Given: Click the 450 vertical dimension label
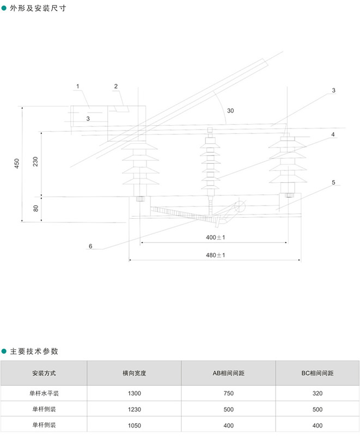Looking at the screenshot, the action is [x=17, y=163].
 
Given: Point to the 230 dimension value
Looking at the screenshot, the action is [x=35, y=162].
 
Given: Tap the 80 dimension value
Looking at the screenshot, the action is [x=36, y=208].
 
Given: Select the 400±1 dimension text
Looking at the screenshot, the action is [x=215, y=237].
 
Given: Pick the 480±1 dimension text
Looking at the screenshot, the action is [x=215, y=255].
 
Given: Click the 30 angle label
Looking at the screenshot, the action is [x=230, y=110].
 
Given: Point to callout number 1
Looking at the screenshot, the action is [x=78, y=87].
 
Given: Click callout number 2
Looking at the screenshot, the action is [x=116, y=87].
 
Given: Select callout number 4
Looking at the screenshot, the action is [x=333, y=134].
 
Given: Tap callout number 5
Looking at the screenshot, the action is [x=333, y=182].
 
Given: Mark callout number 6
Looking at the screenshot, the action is [x=90, y=246].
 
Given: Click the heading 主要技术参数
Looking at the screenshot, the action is [x=34, y=351].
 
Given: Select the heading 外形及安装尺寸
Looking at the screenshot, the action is [x=38, y=8].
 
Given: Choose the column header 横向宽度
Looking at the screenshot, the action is [x=134, y=373].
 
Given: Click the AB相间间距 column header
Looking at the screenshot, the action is [x=228, y=373].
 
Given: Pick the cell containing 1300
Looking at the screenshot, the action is [x=134, y=393].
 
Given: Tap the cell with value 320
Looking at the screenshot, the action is [x=318, y=393].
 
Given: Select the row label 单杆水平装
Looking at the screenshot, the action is [x=44, y=393].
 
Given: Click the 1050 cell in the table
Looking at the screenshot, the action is [x=134, y=426].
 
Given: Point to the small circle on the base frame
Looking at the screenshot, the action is [x=240, y=206].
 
